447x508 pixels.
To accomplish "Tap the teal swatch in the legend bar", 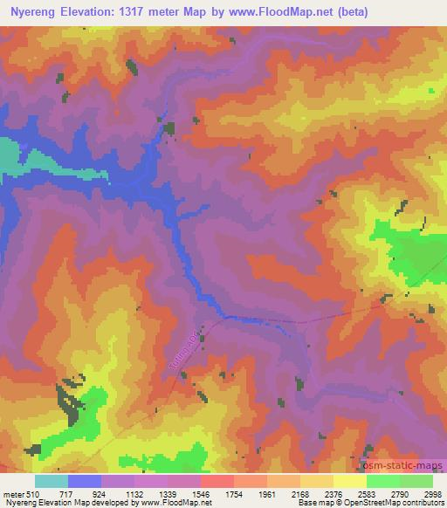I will (51, 480).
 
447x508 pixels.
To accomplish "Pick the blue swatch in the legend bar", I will (84, 480).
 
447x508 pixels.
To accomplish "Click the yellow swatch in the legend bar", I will (350, 480).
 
